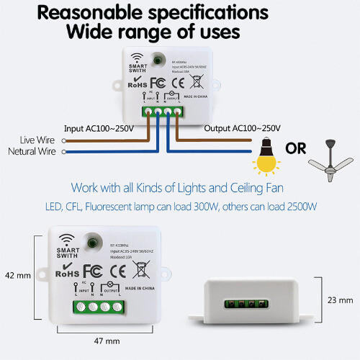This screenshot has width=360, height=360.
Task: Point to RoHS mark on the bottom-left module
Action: (x=66, y=274)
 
